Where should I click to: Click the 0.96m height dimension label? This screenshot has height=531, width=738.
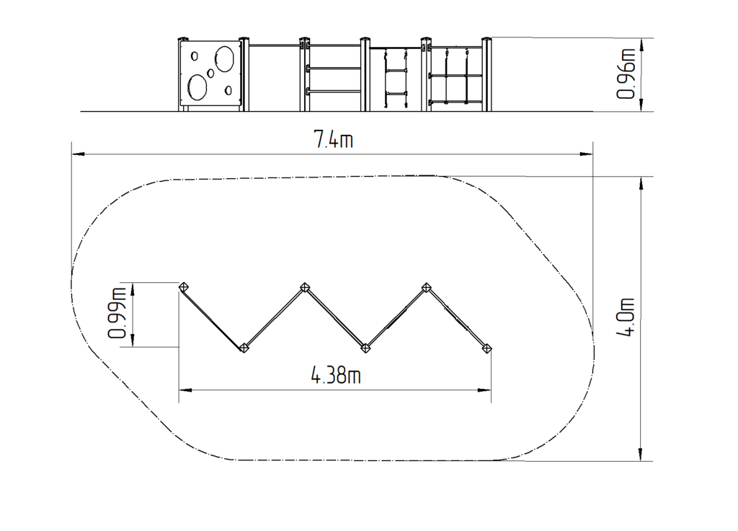coord(626,74)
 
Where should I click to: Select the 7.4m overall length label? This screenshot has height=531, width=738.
coord(333,139)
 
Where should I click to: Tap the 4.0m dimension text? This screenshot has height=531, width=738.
coord(626,317)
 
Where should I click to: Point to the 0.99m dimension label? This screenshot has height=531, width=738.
coord(117,313)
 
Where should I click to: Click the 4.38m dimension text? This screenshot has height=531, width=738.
coord(336,375)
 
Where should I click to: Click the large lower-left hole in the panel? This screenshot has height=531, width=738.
coord(197,87)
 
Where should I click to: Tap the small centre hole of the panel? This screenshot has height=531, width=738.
coord(210,74)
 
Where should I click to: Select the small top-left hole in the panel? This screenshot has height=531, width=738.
coord(195,56)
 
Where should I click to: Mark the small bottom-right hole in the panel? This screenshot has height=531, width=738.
coord(228,90)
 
